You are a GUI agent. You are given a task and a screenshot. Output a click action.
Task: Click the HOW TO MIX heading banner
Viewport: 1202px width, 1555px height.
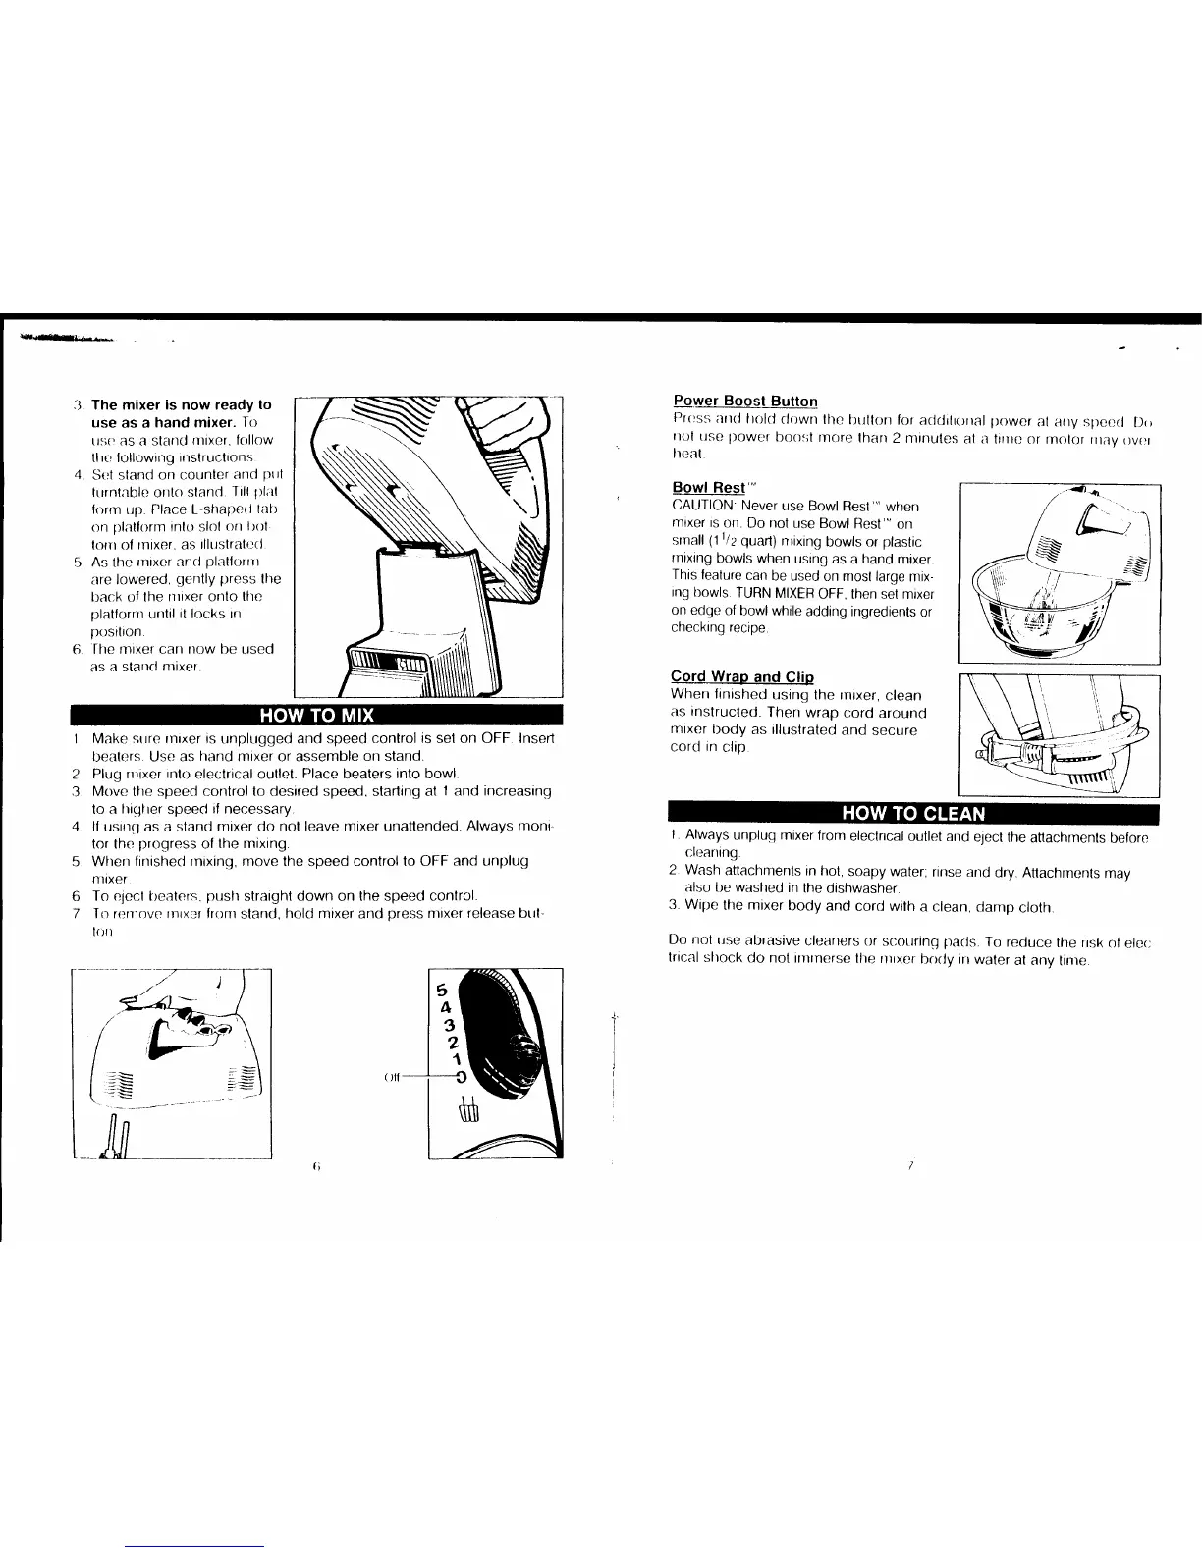(315, 714)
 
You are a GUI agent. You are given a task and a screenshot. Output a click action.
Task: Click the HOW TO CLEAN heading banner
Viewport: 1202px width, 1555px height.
(912, 813)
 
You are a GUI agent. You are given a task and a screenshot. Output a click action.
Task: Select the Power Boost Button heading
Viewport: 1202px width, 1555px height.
(745, 401)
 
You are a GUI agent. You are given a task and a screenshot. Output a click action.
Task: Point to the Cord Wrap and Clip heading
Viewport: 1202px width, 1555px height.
(741, 677)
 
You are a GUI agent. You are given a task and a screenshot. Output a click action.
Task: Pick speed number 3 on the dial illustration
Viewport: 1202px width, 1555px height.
(449, 1025)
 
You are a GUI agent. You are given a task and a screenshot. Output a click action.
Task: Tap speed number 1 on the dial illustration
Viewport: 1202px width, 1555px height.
(457, 1059)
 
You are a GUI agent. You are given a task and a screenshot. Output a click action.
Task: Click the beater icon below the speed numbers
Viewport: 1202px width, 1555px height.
(466, 1106)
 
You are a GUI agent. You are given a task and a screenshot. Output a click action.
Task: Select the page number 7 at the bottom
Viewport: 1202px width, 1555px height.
(911, 1165)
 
